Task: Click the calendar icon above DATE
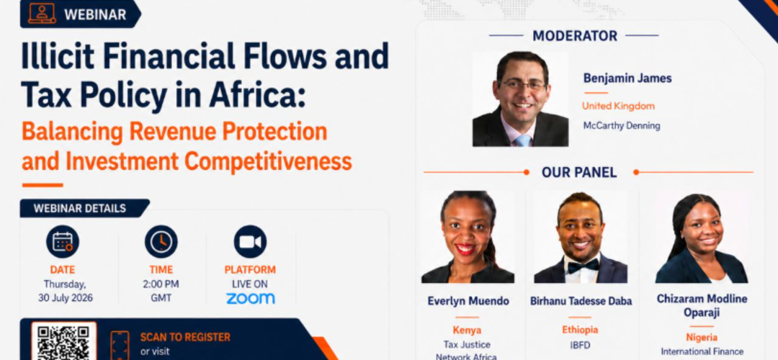coord(63,241)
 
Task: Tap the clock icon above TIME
coord(161,241)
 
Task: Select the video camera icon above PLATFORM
coord(250,241)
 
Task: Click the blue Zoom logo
coord(250,299)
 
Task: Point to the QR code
coord(64,343)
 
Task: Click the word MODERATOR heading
coord(575,36)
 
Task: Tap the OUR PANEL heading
coord(579,173)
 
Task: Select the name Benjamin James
coord(627,78)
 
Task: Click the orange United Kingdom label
coord(618,106)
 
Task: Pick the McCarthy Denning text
coord(622,126)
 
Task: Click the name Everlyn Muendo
coord(468,301)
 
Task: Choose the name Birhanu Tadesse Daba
coord(581,301)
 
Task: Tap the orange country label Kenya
coord(467,330)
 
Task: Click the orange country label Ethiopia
coord(580,330)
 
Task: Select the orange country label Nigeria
coord(702,338)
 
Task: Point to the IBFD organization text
coord(580,345)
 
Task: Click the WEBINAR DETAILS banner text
coord(80,208)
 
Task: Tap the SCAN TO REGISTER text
coord(185,337)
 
